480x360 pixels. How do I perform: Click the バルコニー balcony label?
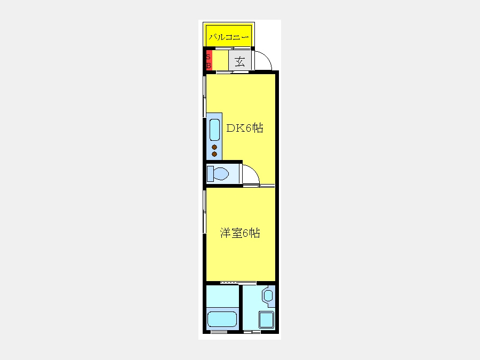click(x=229, y=37)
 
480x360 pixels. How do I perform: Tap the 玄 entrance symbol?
click(x=240, y=62)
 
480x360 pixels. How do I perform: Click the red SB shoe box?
click(x=209, y=60)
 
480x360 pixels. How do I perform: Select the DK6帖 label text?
click(x=245, y=128)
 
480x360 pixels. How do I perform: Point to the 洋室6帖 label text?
click(x=240, y=233)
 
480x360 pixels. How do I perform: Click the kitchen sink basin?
click(x=214, y=130)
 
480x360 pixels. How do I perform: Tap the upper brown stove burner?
click(x=214, y=147)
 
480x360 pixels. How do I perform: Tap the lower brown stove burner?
click(x=214, y=154)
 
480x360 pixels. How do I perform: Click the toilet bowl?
click(x=221, y=174)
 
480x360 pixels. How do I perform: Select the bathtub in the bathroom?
click(x=222, y=319)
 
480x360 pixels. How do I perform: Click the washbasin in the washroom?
click(x=268, y=295)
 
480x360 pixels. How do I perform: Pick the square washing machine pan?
click(x=266, y=320)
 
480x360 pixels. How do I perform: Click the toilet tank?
click(x=210, y=174)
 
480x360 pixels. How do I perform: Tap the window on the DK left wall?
click(x=204, y=97)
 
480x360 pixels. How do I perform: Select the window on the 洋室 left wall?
click(x=204, y=211)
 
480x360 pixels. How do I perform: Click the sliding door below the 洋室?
click(x=238, y=283)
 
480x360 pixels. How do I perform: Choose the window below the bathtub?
click(x=219, y=332)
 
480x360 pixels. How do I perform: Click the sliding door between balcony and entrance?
click(x=233, y=48)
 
